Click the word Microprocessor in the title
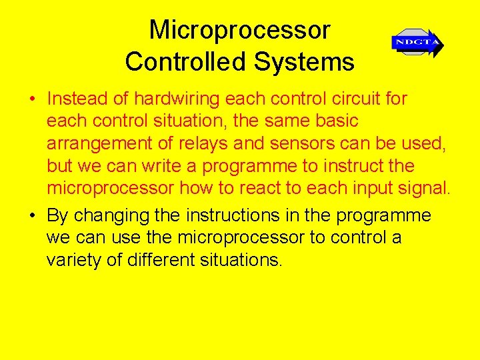[239, 31]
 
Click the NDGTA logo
[417, 43]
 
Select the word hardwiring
[177, 99]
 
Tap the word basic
[333, 121]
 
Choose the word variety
[74, 260]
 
